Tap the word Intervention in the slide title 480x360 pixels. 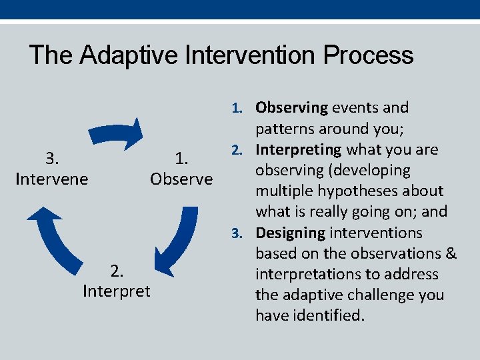point(250,55)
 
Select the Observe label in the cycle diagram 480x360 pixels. point(181,179)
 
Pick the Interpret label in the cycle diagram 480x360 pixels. point(117,291)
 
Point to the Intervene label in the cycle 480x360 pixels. point(51,179)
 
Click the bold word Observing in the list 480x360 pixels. point(292,107)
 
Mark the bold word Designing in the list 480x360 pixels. point(291,233)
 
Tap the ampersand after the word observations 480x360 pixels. point(451,253)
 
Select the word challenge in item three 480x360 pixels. point(372,295)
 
